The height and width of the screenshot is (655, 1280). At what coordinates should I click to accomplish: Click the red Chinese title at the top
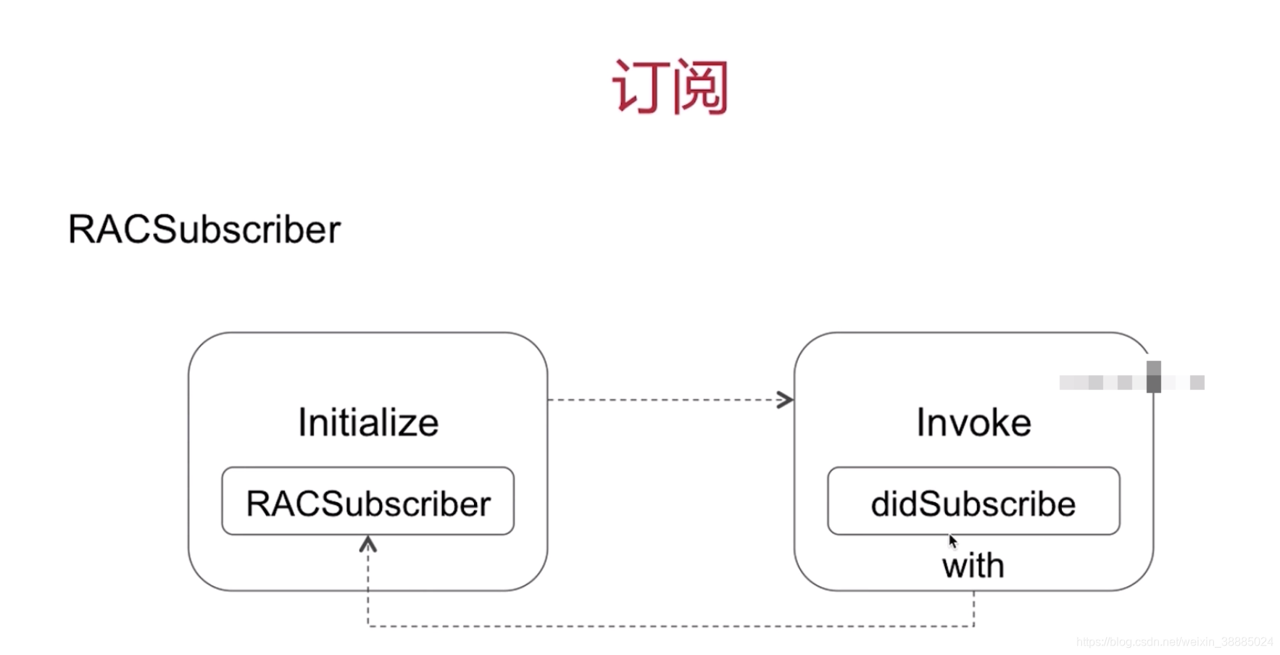(x=670, y=87)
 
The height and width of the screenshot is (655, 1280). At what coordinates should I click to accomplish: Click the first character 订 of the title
(x=639, y=87)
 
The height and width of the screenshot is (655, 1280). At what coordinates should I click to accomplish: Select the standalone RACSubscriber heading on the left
(x=204, y=230)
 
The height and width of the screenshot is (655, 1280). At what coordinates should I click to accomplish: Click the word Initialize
(x=368, y=422)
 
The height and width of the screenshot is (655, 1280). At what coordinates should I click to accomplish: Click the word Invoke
(x=973, y=422)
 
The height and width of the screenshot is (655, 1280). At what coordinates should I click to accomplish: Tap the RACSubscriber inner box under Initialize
(x=367, y=501)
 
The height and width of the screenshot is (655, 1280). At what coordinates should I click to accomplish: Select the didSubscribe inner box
(x=973, y=501)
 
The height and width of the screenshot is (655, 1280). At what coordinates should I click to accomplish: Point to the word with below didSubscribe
(x=973, y=565)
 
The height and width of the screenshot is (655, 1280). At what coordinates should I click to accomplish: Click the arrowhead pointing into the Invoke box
(x=786, y=400)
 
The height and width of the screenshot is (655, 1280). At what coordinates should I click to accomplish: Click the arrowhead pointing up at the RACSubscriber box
(x=368, y=544)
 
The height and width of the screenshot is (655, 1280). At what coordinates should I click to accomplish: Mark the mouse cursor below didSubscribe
(x=952, y=541)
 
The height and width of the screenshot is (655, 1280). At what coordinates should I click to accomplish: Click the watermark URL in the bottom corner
(x=1174, y=642)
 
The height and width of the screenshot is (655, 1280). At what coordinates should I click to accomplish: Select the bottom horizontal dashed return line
(x=670, y=626)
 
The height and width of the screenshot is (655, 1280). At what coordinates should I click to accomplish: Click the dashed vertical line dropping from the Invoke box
(x=973, y=609)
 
